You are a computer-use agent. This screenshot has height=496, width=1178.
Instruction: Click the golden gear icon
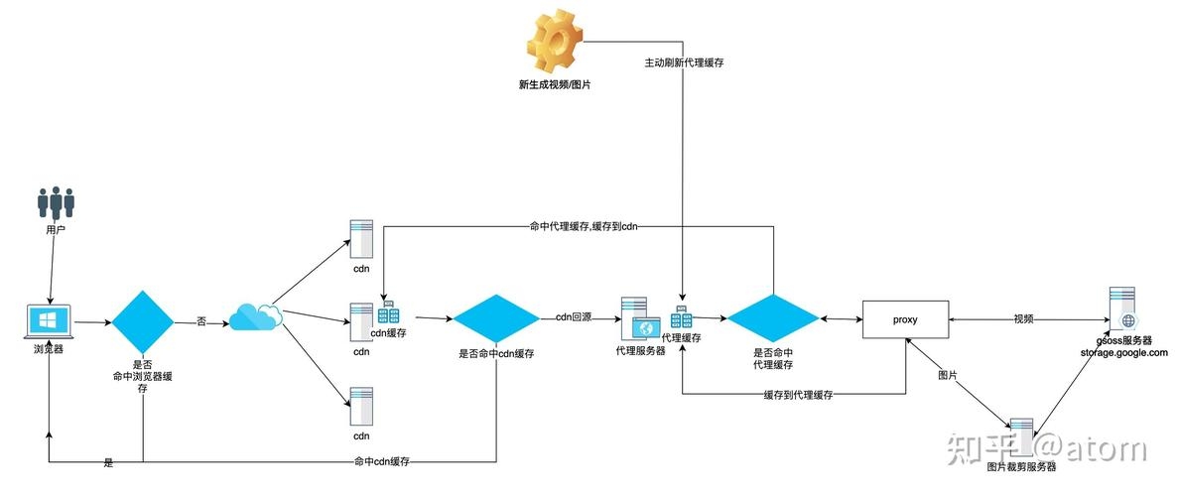click(554, 41)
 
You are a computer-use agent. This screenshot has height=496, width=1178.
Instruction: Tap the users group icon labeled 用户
click(57, 202)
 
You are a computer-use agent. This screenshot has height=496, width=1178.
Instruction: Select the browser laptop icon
click(49, 321)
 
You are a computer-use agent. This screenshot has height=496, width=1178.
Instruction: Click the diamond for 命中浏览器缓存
click(143, 321)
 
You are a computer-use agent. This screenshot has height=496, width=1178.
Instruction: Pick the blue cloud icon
click(255, 316)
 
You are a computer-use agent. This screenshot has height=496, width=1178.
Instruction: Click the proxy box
click(906, 320)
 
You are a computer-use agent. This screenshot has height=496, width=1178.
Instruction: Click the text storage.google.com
click(1125, 352)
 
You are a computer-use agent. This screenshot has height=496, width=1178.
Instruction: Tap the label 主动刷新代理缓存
click(684, 62)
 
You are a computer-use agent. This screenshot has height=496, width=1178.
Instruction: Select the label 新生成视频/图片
click(554, 85)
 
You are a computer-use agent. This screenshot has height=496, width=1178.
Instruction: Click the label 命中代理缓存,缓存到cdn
click(584, 226)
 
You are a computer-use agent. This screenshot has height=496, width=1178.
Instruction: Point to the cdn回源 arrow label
click(574, 317)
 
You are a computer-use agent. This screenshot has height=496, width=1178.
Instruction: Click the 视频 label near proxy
click(1023, 319)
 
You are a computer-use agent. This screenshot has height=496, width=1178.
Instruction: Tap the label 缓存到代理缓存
click(797, 395)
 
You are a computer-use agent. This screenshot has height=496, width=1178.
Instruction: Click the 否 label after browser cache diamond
click(202, 321)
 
